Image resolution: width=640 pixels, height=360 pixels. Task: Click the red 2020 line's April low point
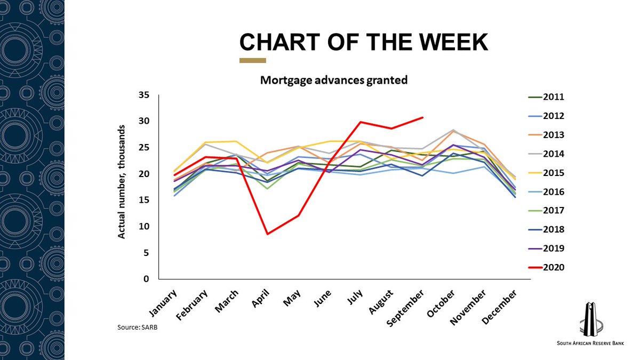267,234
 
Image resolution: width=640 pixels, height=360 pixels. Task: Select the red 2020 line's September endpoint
422,117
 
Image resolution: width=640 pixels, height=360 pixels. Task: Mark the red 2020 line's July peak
361,122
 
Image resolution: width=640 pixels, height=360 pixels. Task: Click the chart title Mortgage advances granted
334,81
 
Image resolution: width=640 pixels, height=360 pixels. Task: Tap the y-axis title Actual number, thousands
122,182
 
